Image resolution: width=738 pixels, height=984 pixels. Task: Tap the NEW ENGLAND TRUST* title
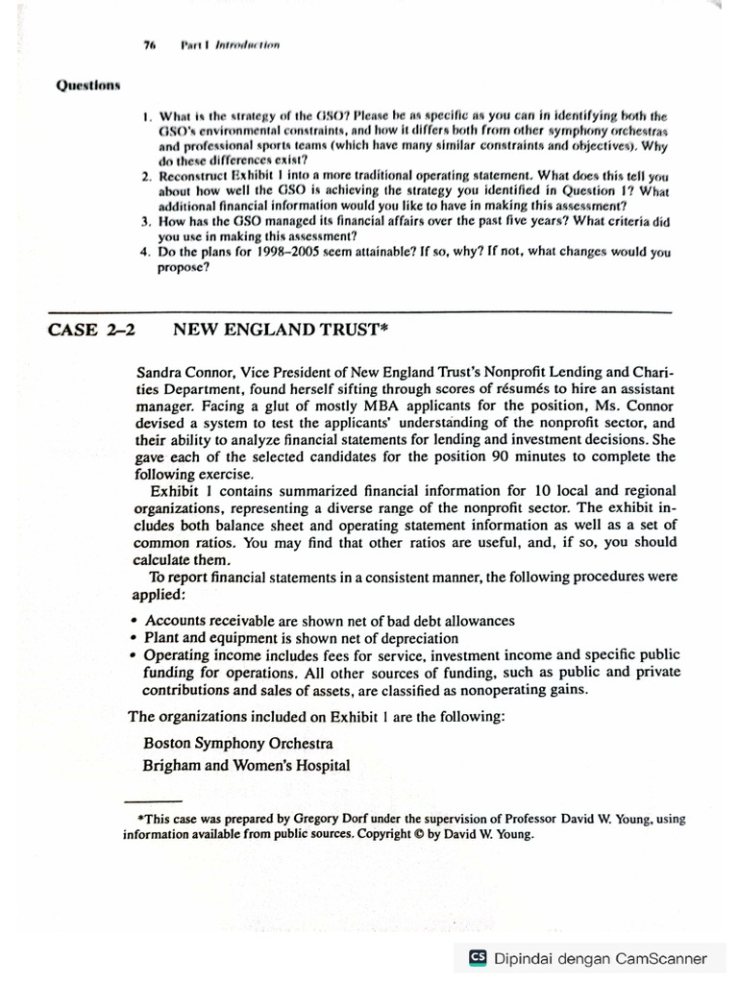tap(272, 330)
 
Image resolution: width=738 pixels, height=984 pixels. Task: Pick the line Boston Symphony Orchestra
tap(238, 744)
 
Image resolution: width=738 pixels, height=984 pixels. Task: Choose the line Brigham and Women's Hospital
tap(246, 766)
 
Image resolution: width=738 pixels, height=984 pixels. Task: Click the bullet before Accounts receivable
tap(134, 621)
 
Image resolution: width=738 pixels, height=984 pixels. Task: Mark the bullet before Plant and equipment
tap(134, 639)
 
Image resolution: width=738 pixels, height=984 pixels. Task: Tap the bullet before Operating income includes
tap(134, 656)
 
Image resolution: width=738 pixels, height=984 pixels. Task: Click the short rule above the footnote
tap(154, 801)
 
